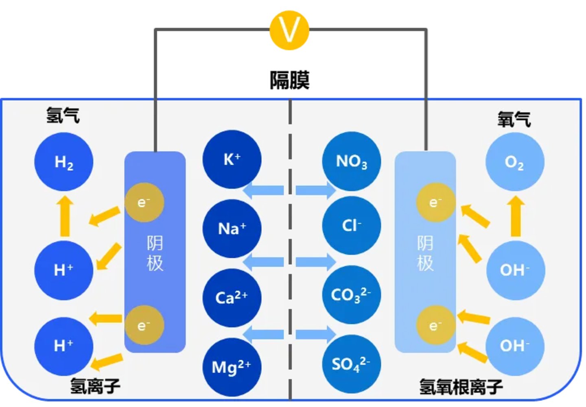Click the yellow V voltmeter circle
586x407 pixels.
pyautogui.click(x=289, y=30)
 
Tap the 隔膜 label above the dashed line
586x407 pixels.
pyautogui.click(x=289, y=80)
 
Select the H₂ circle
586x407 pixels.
pyautogui.click(x=64, y=162)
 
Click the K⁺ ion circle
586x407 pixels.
pyautogui.click(x=232, y=159)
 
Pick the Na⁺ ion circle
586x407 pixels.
pyautogui.click(x=232, y=228)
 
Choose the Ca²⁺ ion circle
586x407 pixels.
pyautogui.click(x=232, y=298)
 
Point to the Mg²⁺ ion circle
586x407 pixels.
pyautogui.click(x=232, y=367)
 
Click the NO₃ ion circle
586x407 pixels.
pyautogui.click(x=352, y=161)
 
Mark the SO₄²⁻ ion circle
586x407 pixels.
pyautogui.click(x=352, y=364)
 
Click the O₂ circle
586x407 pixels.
pyautogui.click(x=515, y=162)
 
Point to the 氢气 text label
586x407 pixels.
pyautogui.click(x=63, y=115)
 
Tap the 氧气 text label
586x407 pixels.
pyautogui.click(x=514, y=119)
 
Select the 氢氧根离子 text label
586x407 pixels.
pyautogui.click(x=461, y=387)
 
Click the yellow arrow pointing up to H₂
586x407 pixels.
pyautogui.click(x=65, y=216)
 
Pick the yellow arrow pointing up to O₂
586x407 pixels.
pyautogui.click(x=516, y=216)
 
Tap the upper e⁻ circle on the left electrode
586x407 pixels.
pyautogui.click(x=144, y=202)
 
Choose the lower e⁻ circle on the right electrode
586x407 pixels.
pyautogui.click(x=435, y=325)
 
